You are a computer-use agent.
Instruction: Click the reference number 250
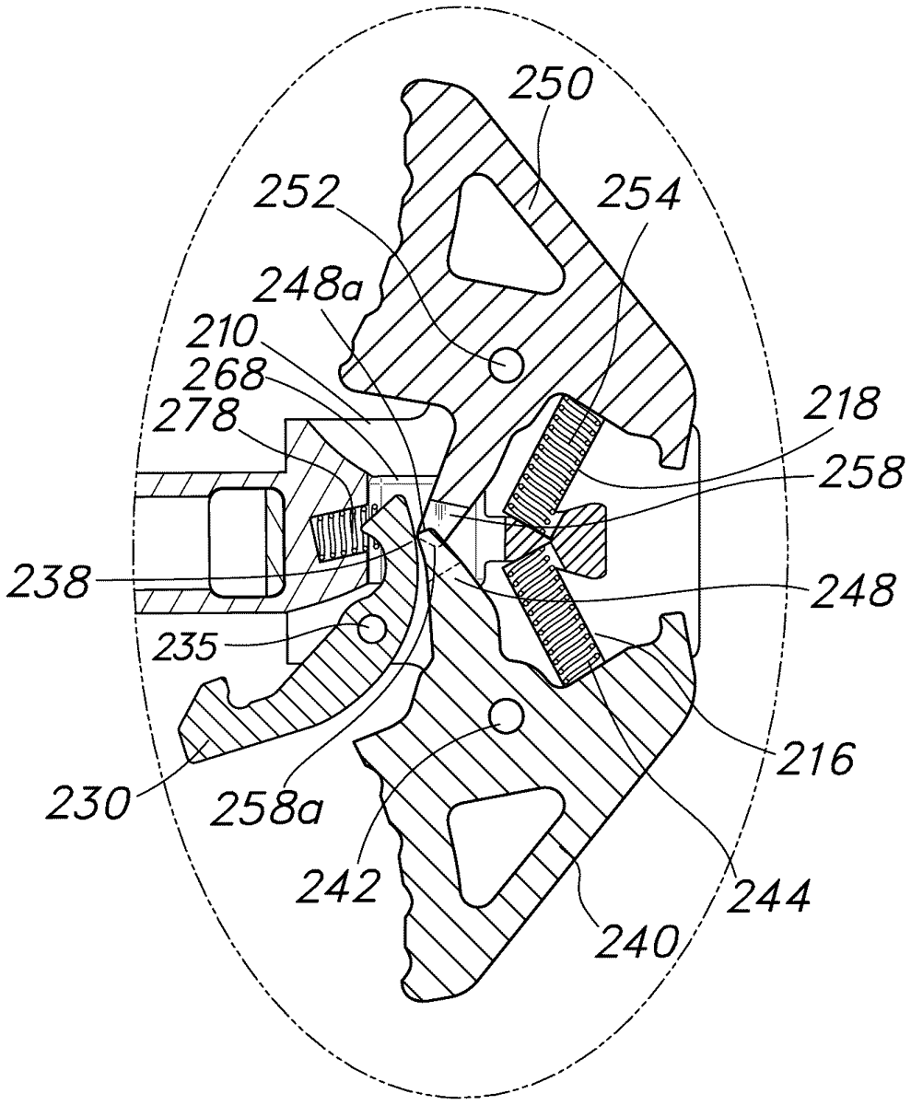(x=552, y=88)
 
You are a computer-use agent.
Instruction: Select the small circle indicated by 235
(x=373, y=629)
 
